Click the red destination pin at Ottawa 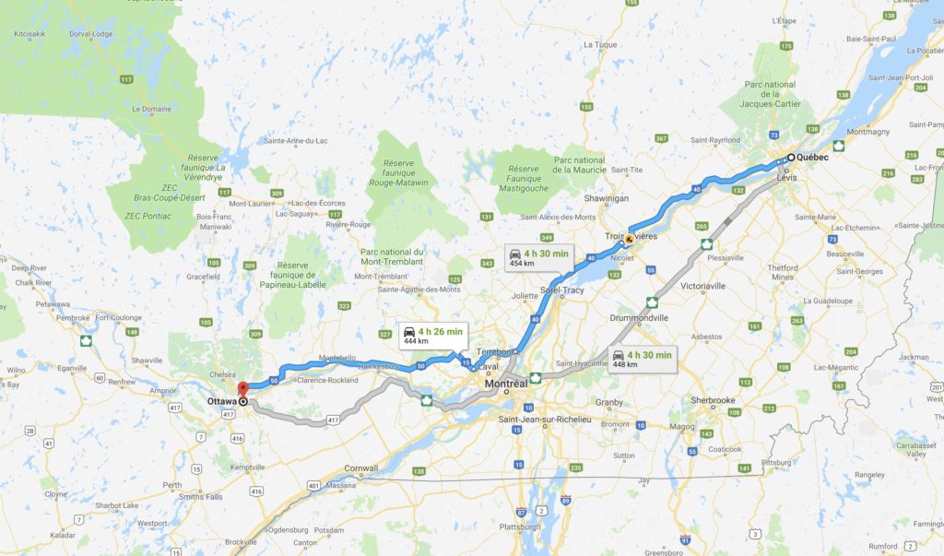click(242, 388)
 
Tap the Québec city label click(812, 158)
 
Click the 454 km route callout click(538, 257)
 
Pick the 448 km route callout click(643, 358)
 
